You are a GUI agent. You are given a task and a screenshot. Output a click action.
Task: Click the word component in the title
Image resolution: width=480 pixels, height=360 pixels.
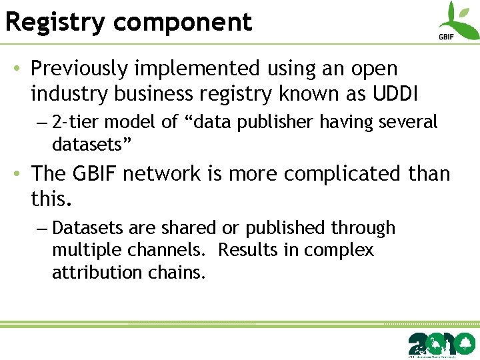(183, 22)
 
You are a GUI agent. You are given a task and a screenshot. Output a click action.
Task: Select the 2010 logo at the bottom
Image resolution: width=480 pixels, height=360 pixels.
(441, 343)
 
